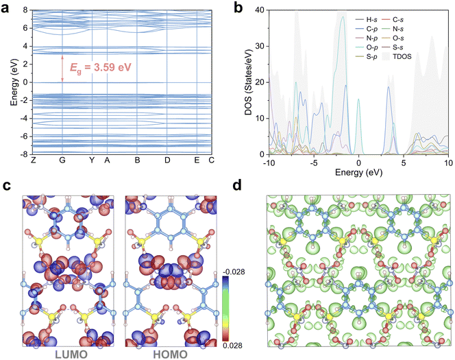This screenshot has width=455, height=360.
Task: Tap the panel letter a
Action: click(x=6, y=8)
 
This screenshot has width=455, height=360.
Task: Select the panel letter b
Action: click(x=238, y=8)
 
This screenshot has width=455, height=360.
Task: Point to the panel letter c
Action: click(x=6, y=187)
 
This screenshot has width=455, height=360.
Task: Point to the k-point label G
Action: click(x=62, y=160)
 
